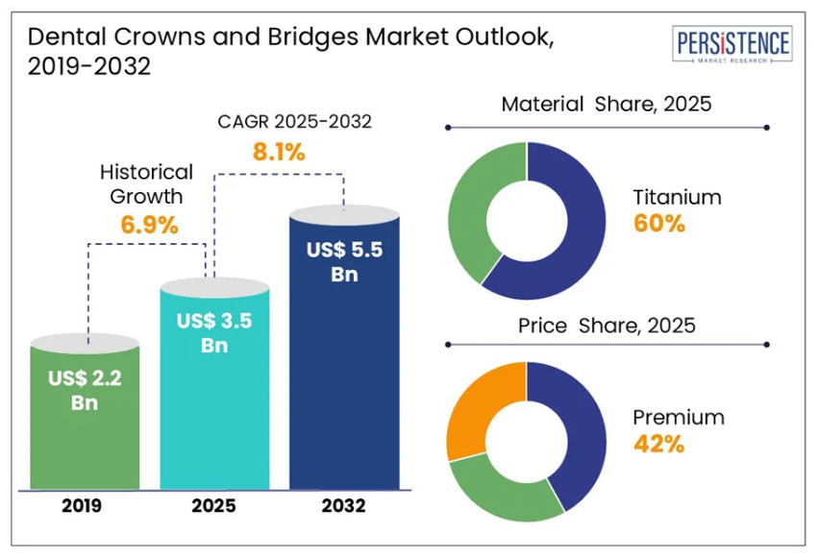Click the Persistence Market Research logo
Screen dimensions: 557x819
pos(734,46)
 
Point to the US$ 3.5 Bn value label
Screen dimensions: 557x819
pos(214,333)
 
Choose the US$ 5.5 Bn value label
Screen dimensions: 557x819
pos(344,261)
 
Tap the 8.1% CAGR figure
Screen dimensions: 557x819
pos(278,151)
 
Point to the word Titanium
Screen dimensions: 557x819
pos(677,198)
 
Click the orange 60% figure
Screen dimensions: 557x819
pos(658,224)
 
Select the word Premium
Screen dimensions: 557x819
pos(678,418)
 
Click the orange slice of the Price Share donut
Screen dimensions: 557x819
pos(479,403)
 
